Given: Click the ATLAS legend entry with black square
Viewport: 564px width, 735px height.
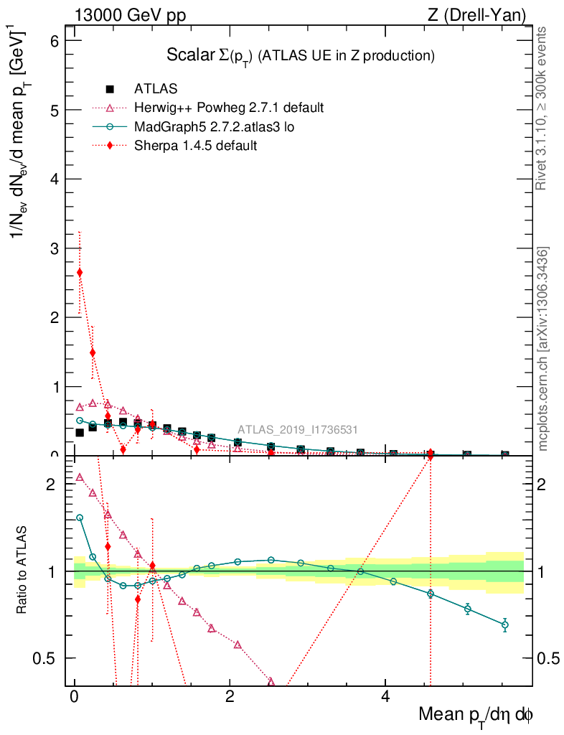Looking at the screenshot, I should (x=156, y=89).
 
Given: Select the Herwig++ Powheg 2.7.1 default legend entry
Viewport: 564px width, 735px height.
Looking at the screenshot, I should (x=229, y=108).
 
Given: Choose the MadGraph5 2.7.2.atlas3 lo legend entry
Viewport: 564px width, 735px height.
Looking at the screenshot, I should (x=214, y=126).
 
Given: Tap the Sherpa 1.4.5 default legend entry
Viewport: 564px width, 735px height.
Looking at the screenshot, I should (x=196, y=145).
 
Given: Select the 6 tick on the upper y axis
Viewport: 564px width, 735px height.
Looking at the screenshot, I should (x=54, y=41).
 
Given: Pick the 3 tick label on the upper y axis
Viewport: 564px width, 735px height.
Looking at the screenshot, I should (x=54, y=248).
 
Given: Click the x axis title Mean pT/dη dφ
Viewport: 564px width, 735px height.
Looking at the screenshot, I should (x=476, y=715).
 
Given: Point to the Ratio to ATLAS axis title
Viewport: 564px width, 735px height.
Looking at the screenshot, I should (x=23, y=571).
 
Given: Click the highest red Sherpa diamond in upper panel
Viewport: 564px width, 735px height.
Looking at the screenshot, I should (x=80, y=273).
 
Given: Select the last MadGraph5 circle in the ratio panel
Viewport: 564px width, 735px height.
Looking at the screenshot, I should (x=505, y=624).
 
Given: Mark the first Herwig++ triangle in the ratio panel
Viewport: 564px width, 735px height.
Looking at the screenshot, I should (x=80, y=477).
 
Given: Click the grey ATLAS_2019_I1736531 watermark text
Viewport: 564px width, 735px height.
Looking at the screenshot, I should (x=298, y=430).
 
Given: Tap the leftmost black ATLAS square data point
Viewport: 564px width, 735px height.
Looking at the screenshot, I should (x=80, y=432).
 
